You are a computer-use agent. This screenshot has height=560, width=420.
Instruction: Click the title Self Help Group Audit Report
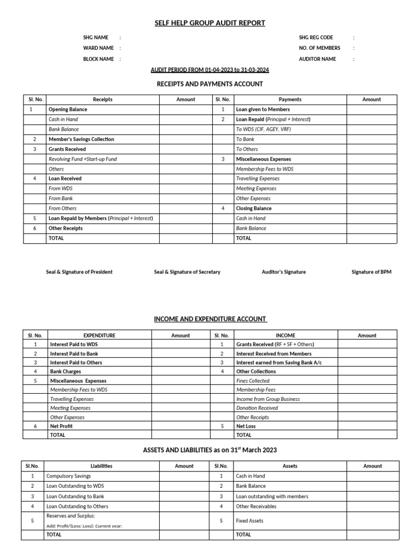pyautogui.click(x=210, y=23)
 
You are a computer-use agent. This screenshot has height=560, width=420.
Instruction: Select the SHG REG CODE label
pyautogui.click(x=316, y=38)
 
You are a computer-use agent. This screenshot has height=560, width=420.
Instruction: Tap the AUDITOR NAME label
pyautogui.click(x=317, y=59)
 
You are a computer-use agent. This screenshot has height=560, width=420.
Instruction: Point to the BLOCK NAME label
pyautogui.click(x=98, y=59)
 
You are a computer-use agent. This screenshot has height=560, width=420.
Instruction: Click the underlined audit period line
pyautogui.click(x=210, y=71)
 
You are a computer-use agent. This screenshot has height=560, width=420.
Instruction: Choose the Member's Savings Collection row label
pyautogui.click(x=81, y=139)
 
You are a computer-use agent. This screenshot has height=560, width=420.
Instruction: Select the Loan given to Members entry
pyautogui.click(x=262, y=109)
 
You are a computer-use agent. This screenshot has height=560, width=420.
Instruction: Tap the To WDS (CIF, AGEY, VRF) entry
pyautogui.click(x=264, y=130)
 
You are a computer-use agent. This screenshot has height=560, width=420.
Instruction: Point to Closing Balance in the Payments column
pyautogui.click(x=254, y=208)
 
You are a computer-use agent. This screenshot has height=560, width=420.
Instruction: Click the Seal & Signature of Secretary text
pyautogui.click(x=187, y=272)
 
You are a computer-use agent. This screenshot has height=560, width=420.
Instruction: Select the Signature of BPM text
pyautogui.click(x=371, y=272)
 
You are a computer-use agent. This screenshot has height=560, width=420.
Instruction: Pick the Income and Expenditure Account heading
pyautogui.click(x=210, y=319)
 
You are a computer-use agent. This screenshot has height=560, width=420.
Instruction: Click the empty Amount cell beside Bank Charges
pyautogui.click(x=180, y=372)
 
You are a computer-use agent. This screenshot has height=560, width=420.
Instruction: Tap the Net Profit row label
pyautogui.click(x=61, y=426)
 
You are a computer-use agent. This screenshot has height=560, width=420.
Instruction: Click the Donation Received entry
pyautogui.click(x=257, y=408)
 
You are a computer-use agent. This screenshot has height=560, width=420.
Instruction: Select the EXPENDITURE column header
pyautogui.click(x=99, y=336)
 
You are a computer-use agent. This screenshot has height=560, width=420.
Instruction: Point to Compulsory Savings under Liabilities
pyautogui.click(x=69, y=476)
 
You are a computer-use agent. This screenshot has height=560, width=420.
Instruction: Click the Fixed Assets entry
pyautogui.click(x=249, y=521)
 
